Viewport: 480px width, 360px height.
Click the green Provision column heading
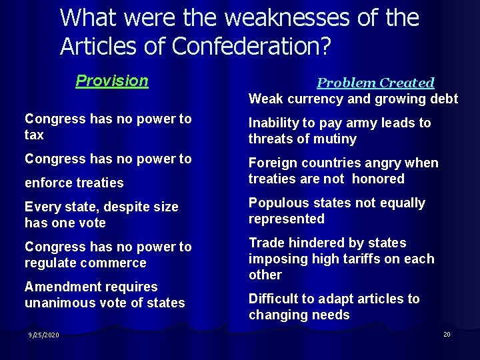click(111, 81)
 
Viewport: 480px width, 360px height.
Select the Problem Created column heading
click(375, 83)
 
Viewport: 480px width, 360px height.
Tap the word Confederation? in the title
click(251, 45)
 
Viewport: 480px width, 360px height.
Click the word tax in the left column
click(34, 135)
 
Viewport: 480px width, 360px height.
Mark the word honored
click(378, 179)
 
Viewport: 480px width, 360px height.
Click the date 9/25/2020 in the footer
click(43, 335)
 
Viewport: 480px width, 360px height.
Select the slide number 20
click(447, 334)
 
